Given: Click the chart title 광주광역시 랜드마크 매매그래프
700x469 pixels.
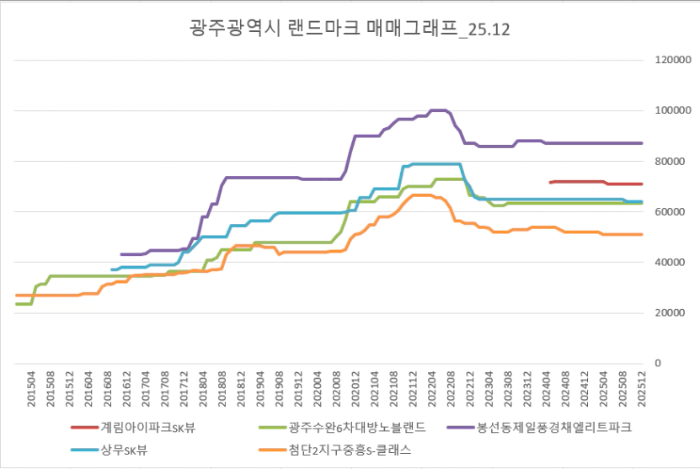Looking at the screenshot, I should click(350, 29).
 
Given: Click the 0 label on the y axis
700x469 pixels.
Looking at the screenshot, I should click(660, 364).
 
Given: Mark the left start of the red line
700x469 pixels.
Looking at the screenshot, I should click(549, 182).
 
